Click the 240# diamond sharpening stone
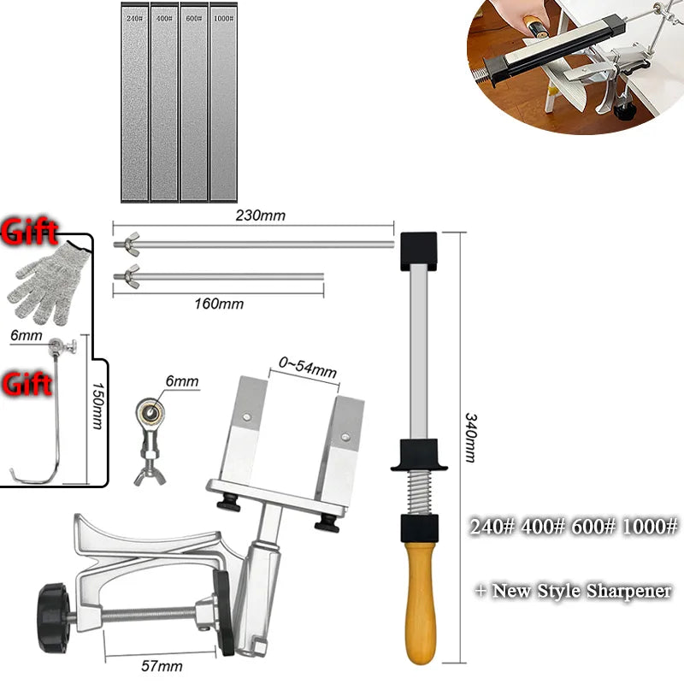tap(134, 103)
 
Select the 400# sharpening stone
tap(164, 103)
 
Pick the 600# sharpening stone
tap(194, 103)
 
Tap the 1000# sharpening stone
tap(223, 103)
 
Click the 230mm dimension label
tap(261, 215)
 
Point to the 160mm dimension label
tap(219, 304)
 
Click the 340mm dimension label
tap(471, 438)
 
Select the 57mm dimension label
tap(162, 666)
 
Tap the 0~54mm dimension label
tap(308, 368)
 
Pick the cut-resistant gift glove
tap(47, 284)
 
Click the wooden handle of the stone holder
tap(419, 603)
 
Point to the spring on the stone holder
tap(419, 493)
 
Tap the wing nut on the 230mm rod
tap(131, 243)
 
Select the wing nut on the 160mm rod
tap(131, 275)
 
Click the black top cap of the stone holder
tap(419, 251)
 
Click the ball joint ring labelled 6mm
tap(150, 411)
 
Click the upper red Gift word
tap(29, 232)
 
